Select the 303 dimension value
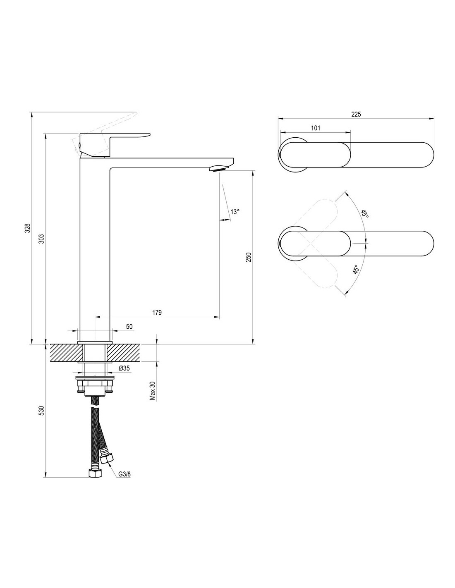click(41, 239)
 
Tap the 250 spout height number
click(249, 257)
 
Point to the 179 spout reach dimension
click(157, 312)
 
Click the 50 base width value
click(129, 326)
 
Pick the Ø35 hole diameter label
click(124, 368)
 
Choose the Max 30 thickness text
click(153, 390)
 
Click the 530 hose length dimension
click(41, 418)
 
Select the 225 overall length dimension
click(356, 114)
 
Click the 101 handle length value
click(315, 128)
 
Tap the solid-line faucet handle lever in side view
click(115, 144)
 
